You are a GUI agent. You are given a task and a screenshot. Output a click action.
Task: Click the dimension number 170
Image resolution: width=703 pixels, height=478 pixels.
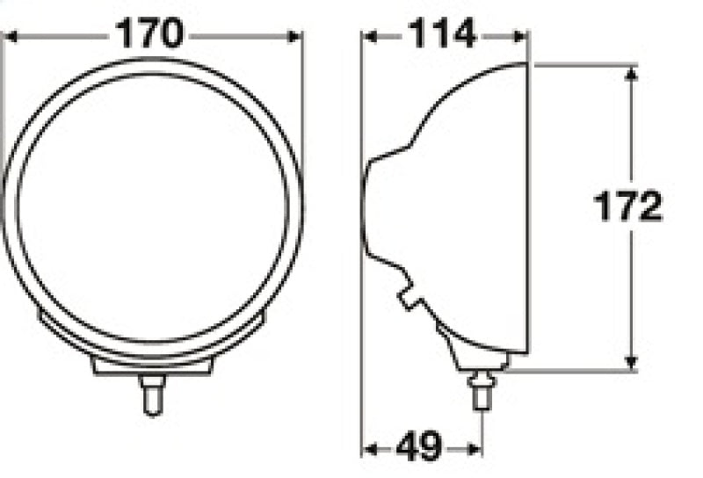[151, 35]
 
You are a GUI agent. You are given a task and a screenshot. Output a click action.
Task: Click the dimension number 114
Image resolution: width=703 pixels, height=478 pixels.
[442, 35]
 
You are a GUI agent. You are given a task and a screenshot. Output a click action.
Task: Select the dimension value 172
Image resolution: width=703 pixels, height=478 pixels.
[627, 208]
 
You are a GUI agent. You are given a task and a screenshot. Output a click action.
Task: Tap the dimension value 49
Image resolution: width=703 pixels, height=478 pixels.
[419, 448]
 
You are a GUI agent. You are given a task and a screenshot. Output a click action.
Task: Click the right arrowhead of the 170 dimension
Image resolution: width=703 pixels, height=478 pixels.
[294, 36]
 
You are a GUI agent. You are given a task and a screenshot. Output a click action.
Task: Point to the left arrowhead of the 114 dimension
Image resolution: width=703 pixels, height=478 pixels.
[370, 36]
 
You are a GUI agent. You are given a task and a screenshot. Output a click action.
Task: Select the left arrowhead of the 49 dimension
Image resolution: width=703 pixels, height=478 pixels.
[370, 449]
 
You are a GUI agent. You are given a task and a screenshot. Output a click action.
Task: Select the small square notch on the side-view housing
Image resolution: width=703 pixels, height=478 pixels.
[409, 299]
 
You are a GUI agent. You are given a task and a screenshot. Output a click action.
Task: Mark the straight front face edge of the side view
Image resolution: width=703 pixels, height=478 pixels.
[528, 209]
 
